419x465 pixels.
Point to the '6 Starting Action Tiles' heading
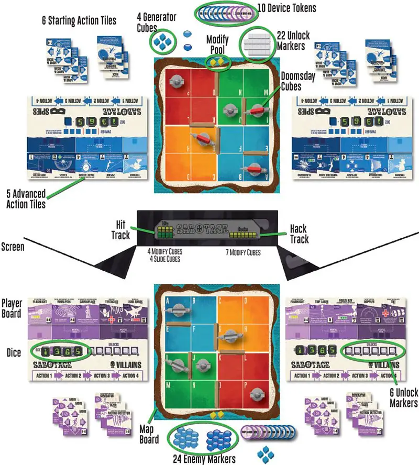pyautogui.click(x=79, y=20)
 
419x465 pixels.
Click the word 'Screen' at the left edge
pyautogui.click(x=12, y=247)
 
